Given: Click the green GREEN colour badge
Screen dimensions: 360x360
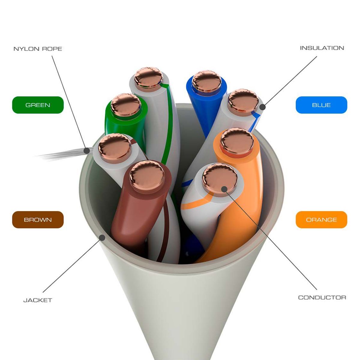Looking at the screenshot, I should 38,105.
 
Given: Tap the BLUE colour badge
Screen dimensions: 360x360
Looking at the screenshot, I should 321,105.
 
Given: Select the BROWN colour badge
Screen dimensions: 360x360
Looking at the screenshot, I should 38,220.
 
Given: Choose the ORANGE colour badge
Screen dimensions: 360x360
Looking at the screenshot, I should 321,220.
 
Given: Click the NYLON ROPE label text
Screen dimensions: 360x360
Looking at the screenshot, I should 38,49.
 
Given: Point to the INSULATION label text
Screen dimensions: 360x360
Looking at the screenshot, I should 322,48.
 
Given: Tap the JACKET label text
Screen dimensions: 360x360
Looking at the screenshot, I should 38,300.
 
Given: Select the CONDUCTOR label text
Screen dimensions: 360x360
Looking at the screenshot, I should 322,298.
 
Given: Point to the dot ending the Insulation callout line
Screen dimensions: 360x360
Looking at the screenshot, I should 262,106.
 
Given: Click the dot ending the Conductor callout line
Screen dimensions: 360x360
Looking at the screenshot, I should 224,189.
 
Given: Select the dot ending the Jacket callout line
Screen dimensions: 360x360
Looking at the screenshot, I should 102,238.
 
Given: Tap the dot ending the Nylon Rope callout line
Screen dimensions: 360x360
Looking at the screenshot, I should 87,150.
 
